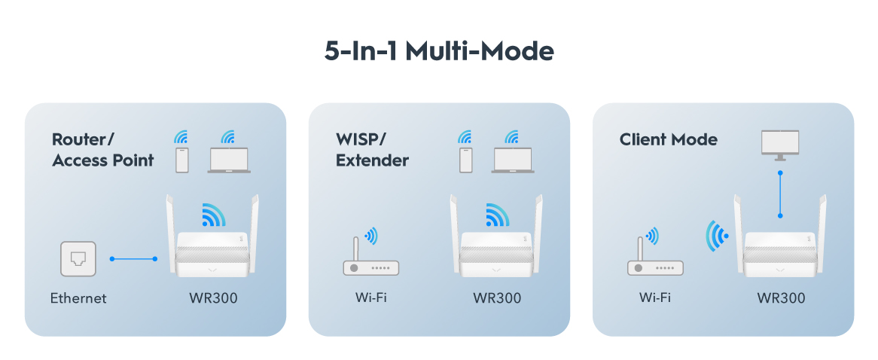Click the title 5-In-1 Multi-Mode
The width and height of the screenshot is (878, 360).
(x=439, y=51)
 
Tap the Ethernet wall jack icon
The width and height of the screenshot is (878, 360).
(x=78, y=258)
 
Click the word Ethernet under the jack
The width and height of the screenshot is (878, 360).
(x=78, y=297)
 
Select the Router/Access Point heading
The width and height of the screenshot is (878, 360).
(x=103, y=149)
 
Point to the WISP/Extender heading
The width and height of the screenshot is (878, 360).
(x=373, y=149)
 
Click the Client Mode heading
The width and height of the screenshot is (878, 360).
(x=668, y=139)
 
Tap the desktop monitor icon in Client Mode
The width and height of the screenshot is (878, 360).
(x=780, y=145)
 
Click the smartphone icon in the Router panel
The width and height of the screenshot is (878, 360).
(x=182, y=160)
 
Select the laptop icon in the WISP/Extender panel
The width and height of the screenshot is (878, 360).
(x=513, y=160)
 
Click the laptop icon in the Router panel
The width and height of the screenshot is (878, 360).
(x=229, y=160)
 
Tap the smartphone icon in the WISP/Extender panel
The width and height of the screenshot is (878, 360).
(x=466, y=160)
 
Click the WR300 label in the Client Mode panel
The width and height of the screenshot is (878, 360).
(x=781, y=297)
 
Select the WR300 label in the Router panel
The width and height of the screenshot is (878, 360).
(x=213, y=297)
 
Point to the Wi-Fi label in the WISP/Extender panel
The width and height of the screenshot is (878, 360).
(x=370, y=297)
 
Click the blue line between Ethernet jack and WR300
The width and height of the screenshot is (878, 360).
(x=134, y=258)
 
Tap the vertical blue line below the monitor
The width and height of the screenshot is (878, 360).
(x=780, y=194)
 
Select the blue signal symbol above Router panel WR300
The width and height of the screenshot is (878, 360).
(x=214, y=215)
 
